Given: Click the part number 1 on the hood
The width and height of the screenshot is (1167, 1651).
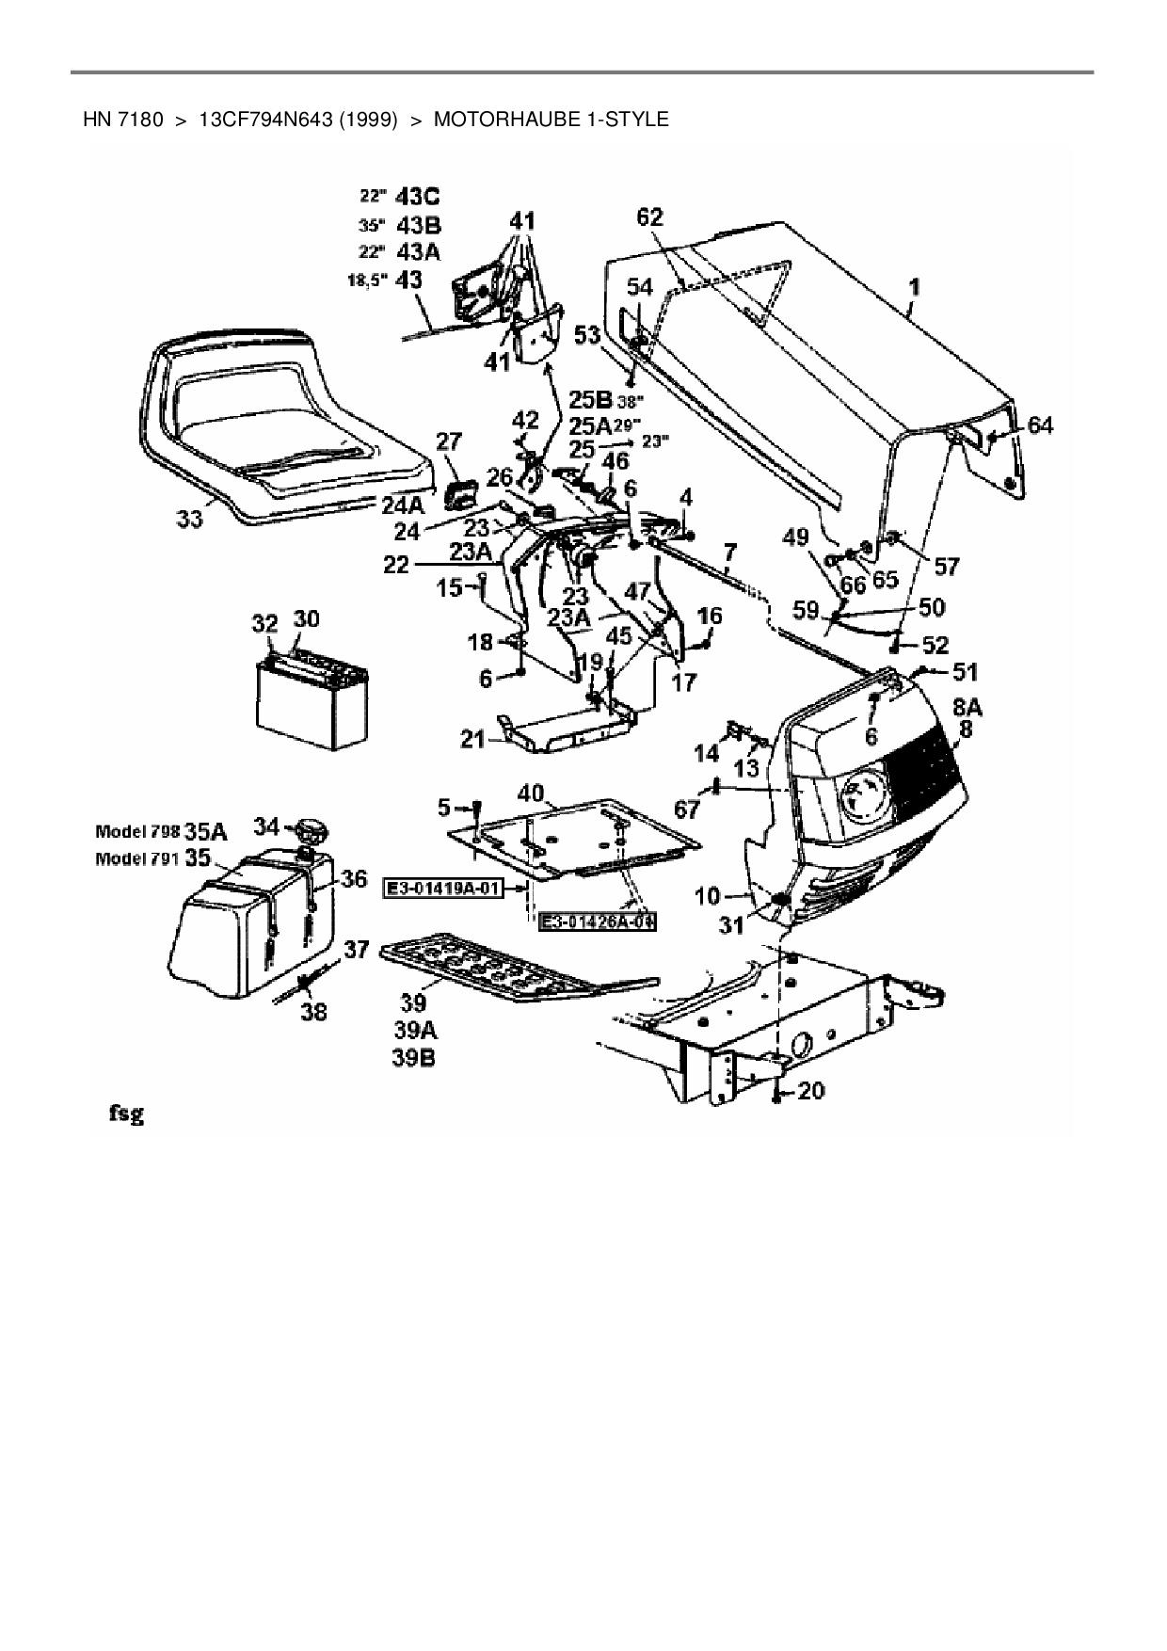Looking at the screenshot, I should [915, 285].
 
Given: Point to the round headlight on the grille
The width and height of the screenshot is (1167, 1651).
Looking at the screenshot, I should [863, 794].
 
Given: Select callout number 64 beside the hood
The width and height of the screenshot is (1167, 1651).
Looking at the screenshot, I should [1040, 425].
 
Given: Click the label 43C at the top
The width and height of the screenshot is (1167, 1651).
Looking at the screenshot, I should [418, 197].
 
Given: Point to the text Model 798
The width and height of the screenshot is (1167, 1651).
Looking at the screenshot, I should [137, 831].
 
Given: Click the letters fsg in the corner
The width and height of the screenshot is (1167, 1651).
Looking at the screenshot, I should [124, 1114].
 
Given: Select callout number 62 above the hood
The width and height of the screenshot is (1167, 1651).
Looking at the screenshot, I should [650, 217].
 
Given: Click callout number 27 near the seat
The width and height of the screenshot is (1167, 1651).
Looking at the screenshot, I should [449, 441].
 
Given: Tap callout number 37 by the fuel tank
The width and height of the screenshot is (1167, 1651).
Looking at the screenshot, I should [355, 950].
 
